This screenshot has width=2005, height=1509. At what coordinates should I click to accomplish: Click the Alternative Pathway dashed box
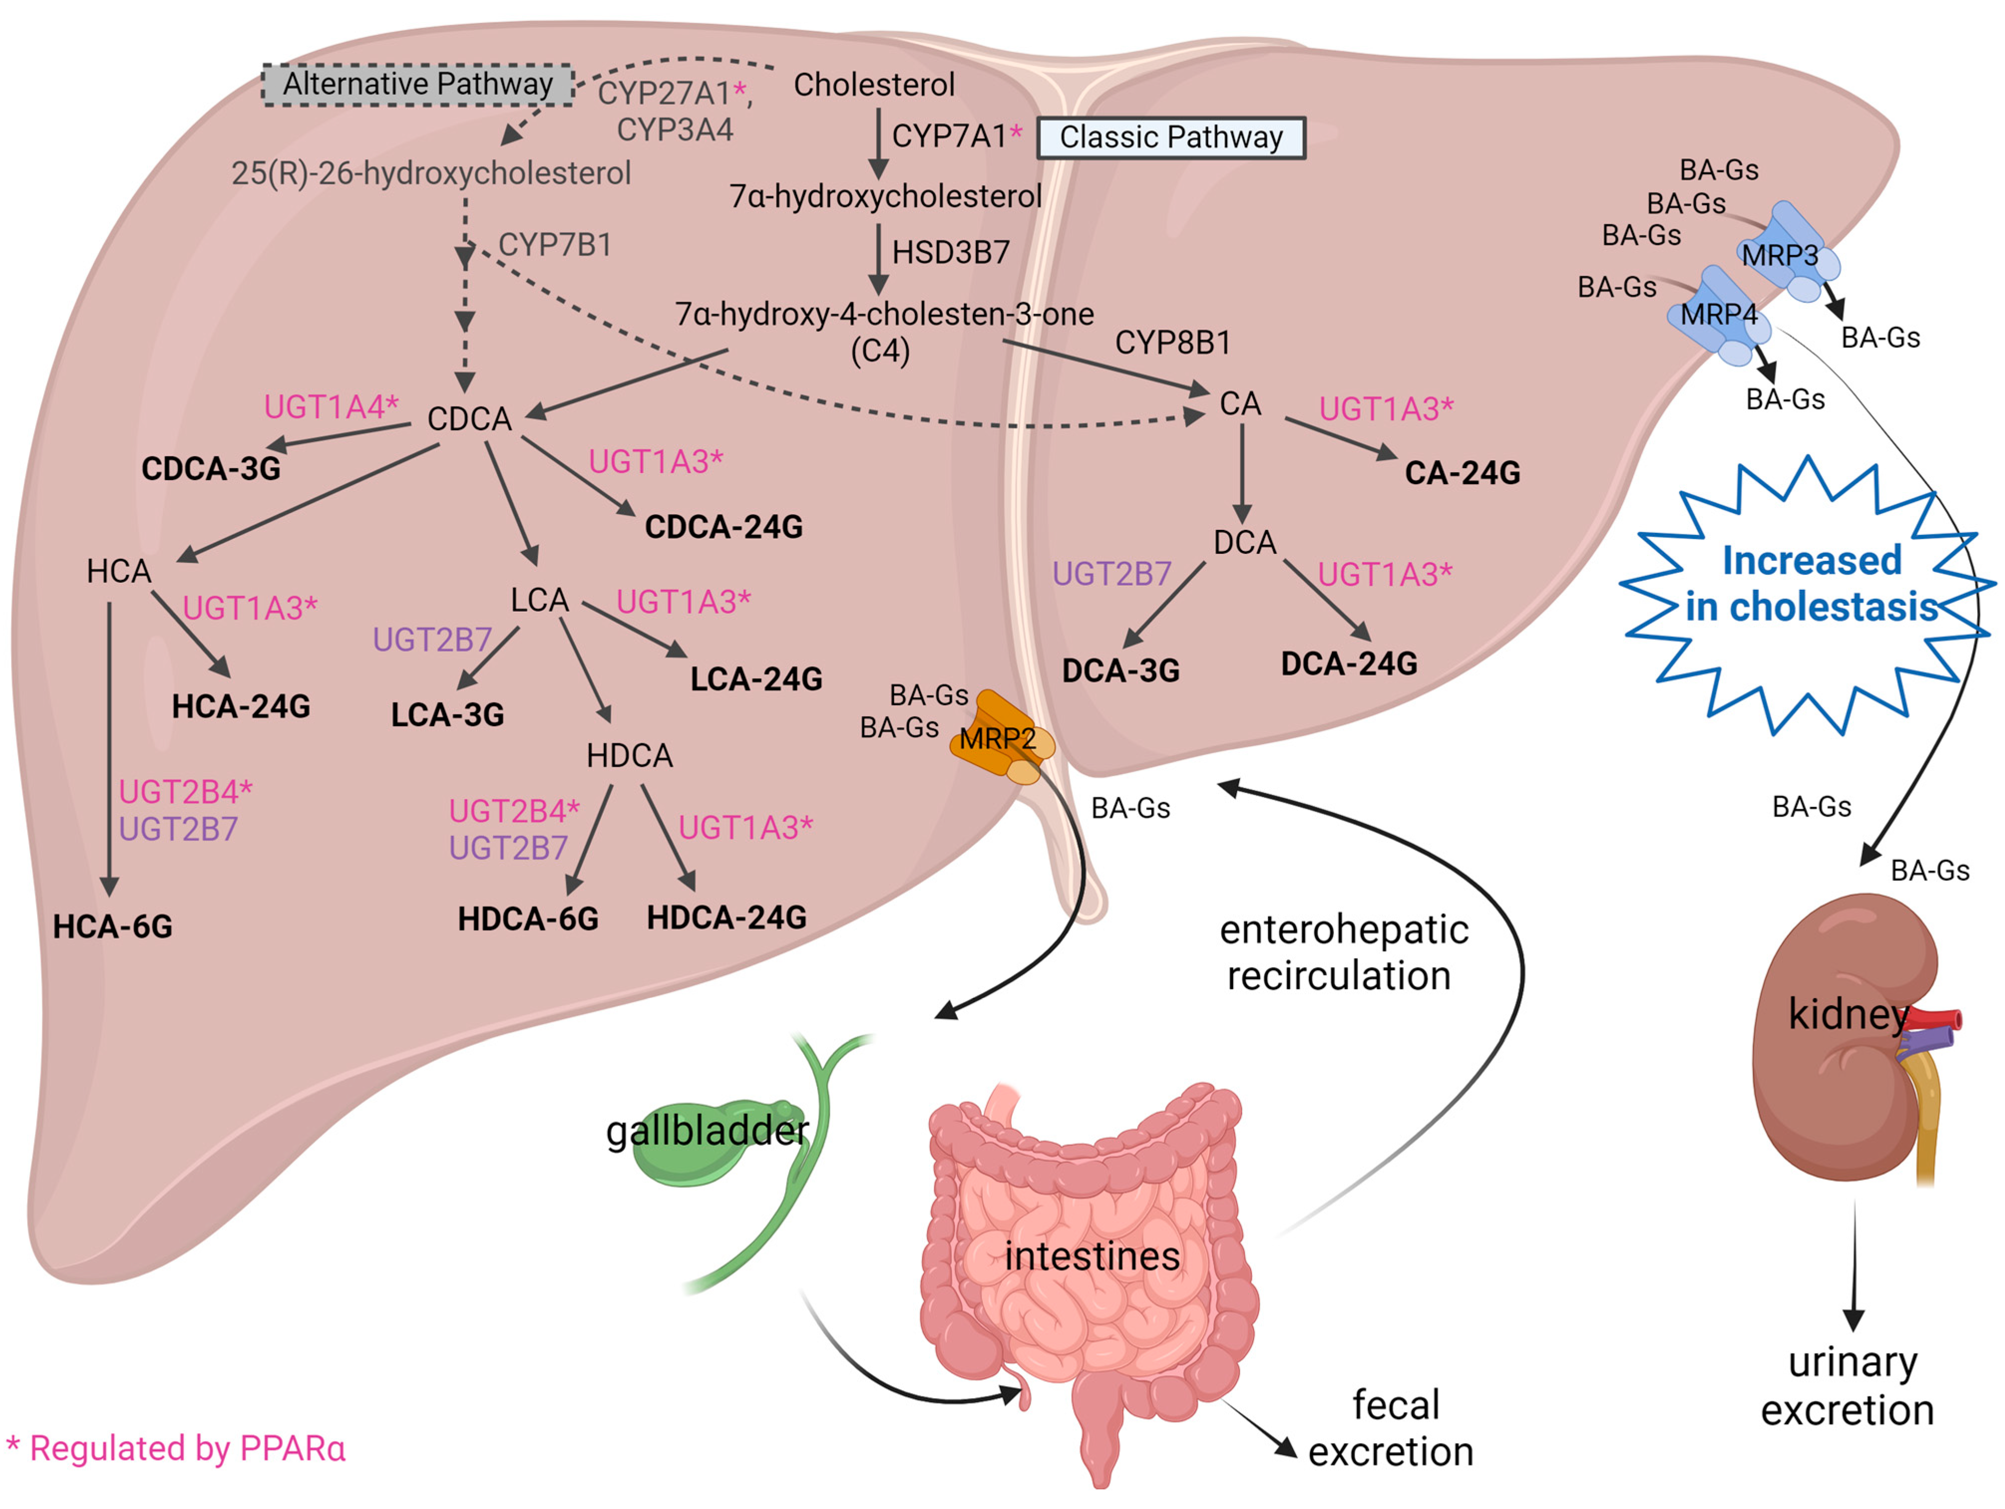[x=418, y=84]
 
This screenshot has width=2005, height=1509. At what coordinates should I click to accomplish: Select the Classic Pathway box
[x=1171, y=138]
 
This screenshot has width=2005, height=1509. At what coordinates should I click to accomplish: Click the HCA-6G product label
[x=112, y=926]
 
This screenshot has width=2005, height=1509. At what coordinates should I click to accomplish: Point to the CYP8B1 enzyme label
[x=1173, y=342]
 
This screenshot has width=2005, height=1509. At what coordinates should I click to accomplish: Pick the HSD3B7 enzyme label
[x=951, y=252]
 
